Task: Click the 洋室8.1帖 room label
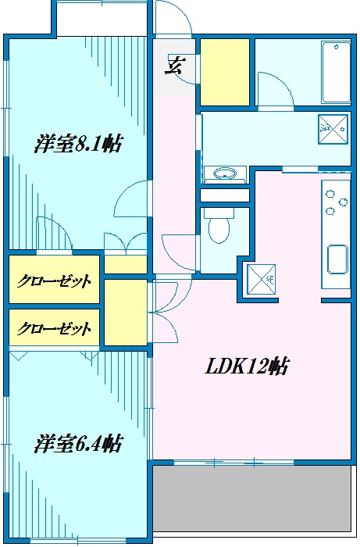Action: tap(78, 143)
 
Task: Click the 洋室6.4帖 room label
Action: tap(78, 443)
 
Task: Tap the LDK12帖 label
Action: tap(247, 366)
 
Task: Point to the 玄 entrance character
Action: tap(173, 65)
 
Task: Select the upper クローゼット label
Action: tap(55, 281)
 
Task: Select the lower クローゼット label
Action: tap(55, 328)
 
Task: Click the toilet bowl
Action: tap(219, 226)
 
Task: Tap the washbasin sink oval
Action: tap(224, 173)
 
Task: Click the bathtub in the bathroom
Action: tap(336, 73)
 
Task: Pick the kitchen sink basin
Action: tap(337, 259)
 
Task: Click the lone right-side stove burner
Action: tap(344, 202)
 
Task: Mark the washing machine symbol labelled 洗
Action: tap(333, 129)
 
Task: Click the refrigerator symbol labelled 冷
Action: tap(262, 279)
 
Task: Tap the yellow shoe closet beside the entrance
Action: tap(224, 72)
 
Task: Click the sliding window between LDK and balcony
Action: tap(233, 463)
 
